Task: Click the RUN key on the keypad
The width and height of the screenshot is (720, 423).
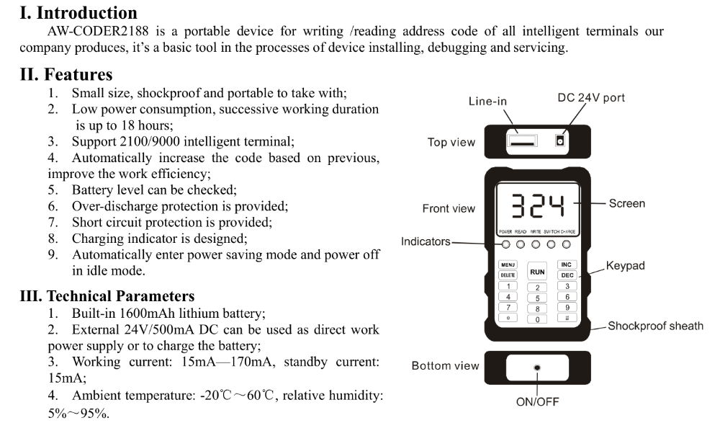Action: point(537,272)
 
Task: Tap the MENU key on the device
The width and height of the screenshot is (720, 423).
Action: point(508,265)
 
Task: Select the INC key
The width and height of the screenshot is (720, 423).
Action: point(567,265)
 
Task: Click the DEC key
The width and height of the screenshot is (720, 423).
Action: point(567,275)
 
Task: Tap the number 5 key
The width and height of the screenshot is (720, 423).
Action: point(537,298)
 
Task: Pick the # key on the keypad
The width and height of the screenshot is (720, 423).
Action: point(567,317)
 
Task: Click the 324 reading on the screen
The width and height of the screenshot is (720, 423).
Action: point(537,205)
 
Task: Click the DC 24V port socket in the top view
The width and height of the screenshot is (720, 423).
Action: point(559,142)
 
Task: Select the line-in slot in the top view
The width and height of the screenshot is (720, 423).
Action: point(523,142)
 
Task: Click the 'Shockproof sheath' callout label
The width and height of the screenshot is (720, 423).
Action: point(655,326)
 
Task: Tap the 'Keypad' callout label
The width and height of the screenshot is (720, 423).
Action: point(625,266)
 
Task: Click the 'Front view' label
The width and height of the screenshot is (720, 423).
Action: point(449,209)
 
